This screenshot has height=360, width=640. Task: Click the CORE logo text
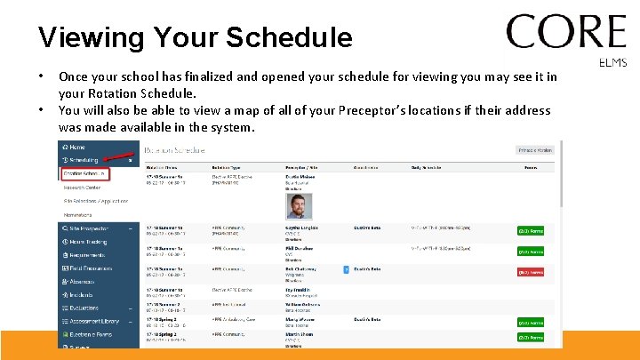click(x=566, y=33)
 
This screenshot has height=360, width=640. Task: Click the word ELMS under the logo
click(x=613, y=62)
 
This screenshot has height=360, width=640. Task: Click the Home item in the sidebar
click(x=76, y=147)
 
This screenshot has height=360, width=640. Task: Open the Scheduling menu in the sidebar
click(x=84, y=160)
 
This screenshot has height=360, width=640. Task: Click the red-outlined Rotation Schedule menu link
click(x=84, y=173)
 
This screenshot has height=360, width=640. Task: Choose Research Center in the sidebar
click(x=82, y=188)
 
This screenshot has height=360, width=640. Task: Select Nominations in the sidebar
click(x=79, y=214)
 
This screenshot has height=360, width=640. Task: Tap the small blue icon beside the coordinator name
click(x=346, y=268)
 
